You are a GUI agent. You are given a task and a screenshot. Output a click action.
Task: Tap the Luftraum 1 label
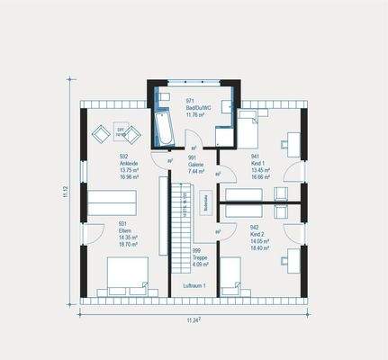coord(194,285)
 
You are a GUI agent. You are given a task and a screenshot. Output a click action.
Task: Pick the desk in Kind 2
coord(290,259)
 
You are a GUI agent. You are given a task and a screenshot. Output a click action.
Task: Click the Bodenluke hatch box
coord(206,202)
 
